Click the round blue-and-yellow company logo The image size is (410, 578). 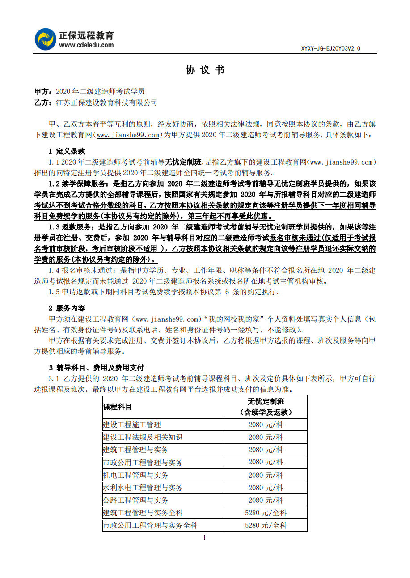click(46, 39)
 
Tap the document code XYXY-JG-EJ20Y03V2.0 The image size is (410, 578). click(330, 48)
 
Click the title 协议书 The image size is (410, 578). click(205, 70)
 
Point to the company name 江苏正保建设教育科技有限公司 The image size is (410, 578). click(106, 102)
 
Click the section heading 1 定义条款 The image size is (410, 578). click(67, 151)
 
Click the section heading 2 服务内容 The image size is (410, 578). click(67, 308)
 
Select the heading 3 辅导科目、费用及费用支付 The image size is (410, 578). click(96, 368)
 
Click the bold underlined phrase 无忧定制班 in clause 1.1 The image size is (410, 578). click(183, 162)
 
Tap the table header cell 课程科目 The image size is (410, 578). click(118, 407)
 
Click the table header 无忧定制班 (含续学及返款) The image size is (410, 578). click(266, 407)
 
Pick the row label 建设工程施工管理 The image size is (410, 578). click(132, 425)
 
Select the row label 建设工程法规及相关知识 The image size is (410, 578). click(143, 437)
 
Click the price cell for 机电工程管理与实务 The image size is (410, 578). click(266, 475)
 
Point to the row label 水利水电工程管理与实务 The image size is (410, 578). click(143, 488)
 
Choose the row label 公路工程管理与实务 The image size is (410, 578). click(135, 500)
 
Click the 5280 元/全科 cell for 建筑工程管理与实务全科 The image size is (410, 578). click(266, 513)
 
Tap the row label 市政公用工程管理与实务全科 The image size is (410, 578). click(150, 525)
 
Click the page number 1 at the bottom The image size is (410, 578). click(204, 537)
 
